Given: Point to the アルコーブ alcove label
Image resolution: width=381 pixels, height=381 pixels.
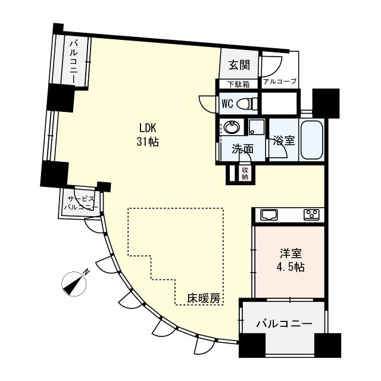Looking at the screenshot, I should coord(279,82).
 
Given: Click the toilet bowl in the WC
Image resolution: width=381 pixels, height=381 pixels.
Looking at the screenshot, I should coord(246,104).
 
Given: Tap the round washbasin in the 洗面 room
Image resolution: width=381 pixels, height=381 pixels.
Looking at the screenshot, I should coord(230,127).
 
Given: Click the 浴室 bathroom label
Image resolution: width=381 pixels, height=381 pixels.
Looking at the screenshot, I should coord(283,142).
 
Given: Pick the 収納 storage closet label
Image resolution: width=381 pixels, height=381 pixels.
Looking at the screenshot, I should coord(245,173).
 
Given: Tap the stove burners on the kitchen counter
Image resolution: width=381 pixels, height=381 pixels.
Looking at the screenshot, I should coord(311,215).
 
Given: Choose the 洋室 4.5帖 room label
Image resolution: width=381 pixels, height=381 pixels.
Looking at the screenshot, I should coord(290,261).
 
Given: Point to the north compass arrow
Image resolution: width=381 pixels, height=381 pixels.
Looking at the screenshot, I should coord(75,282).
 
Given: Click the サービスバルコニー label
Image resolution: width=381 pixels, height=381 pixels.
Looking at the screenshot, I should coord(82,203).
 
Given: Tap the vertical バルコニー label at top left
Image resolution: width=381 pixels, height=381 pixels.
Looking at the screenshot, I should coord(76,63).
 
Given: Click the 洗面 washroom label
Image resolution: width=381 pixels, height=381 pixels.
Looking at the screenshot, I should coord(242,149).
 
